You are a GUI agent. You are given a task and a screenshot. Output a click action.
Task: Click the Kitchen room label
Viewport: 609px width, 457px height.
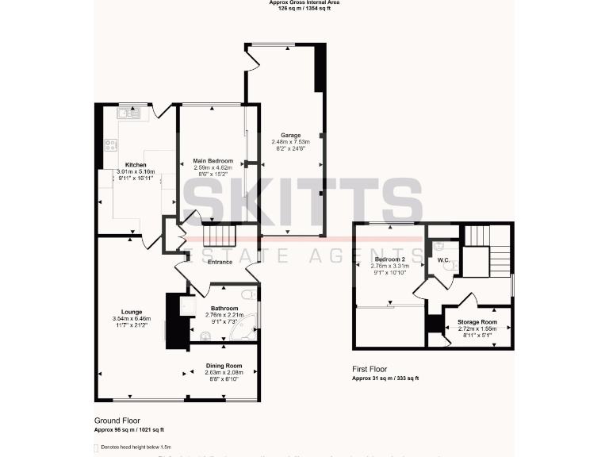coord(125,165)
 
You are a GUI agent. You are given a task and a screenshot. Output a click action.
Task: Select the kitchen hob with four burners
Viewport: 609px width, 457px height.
coord(109,145)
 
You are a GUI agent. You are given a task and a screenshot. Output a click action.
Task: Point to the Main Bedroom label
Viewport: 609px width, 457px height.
coord(213,161)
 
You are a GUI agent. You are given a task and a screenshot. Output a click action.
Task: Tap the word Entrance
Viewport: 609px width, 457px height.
coord(220,262)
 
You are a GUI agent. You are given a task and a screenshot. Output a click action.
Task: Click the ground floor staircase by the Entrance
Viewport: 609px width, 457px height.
coord(220,236)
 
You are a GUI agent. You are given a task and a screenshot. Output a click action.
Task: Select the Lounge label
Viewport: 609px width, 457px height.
coord(132,312)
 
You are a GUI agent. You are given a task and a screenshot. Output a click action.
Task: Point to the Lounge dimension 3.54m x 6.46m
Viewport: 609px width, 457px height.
coord(132,319)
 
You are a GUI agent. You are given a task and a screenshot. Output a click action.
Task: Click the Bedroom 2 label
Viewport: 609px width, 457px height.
coord(390,259)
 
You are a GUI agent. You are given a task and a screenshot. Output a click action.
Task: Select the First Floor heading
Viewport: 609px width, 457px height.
coord(370,370)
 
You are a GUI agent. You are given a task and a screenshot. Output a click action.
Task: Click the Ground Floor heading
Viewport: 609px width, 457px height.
coord(117,421)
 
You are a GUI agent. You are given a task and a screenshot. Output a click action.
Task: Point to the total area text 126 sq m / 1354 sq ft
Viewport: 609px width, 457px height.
coord(304,9)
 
